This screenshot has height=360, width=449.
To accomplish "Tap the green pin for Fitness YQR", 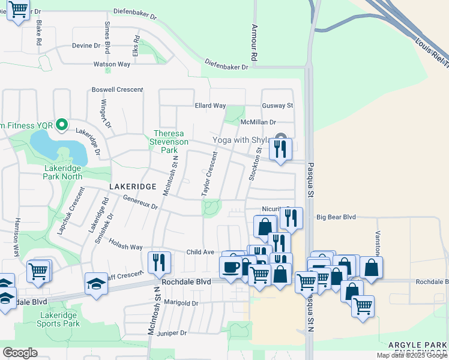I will click(x=61, y=125).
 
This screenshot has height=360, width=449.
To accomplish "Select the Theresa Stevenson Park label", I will click(x=171, y=142).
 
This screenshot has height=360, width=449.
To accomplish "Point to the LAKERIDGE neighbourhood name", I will click(x=128, y=187).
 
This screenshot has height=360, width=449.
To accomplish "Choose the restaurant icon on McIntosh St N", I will click(x=159, y=262).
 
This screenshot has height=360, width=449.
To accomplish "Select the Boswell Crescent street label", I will click(x=117, y=90).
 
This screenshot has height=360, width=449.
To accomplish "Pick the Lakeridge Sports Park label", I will click(x=59, y=319).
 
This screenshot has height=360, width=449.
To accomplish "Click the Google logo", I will click(x=20, y=352).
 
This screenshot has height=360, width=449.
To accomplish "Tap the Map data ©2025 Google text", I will click(x=411, y=355).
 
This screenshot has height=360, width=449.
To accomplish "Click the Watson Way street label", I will click(x=112, y=64).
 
